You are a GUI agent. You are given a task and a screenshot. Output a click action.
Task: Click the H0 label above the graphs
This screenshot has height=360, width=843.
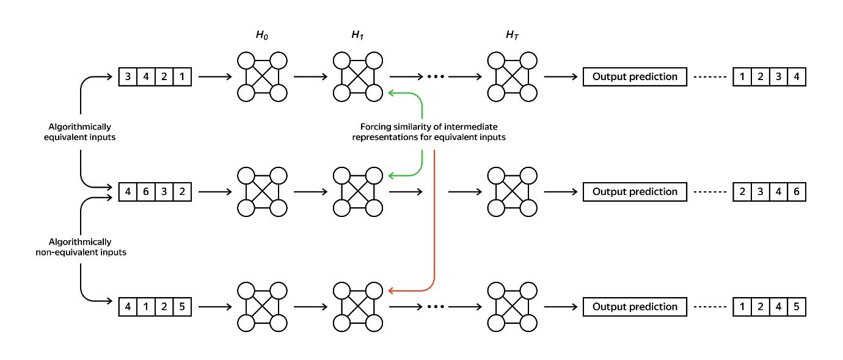click(x=262, y=35)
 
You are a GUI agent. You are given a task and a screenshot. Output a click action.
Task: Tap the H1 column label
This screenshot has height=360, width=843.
click(x=357, y=35)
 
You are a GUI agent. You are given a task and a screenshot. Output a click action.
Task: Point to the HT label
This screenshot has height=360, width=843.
click(x=512, y=35)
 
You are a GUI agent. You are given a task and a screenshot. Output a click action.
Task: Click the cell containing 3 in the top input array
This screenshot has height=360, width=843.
click(x=128, y=77)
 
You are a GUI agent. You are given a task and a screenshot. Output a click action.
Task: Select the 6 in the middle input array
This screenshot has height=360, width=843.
click(x=146, y=191)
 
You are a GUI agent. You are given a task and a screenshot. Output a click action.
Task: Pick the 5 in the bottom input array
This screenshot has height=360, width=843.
click(x=183, y=307)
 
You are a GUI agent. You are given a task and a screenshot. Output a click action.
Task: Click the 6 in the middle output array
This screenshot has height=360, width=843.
click(x=797, y=191)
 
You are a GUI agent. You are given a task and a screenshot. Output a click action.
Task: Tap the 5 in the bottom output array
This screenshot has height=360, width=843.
click(x=797, y=307)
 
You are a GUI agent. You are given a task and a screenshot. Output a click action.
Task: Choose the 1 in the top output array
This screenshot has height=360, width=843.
click(x=742, y=77)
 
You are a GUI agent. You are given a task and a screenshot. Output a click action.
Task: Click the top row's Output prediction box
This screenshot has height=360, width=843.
click(x=635, y=77)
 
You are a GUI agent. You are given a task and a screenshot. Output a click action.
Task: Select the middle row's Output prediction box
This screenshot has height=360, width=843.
click(x=635, y=191)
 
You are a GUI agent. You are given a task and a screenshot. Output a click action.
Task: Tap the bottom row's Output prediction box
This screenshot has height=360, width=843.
click(x=635, y=307)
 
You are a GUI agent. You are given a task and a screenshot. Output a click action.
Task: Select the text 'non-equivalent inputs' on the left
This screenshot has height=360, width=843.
click(x=81, y=252)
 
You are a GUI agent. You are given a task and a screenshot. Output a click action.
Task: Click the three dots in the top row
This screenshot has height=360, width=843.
click(x=435, y=77)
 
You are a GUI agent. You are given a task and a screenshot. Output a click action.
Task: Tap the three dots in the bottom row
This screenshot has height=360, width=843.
click(x=435, y=307)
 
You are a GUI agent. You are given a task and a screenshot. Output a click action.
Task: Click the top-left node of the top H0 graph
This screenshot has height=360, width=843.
click(x=246, y=61)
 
